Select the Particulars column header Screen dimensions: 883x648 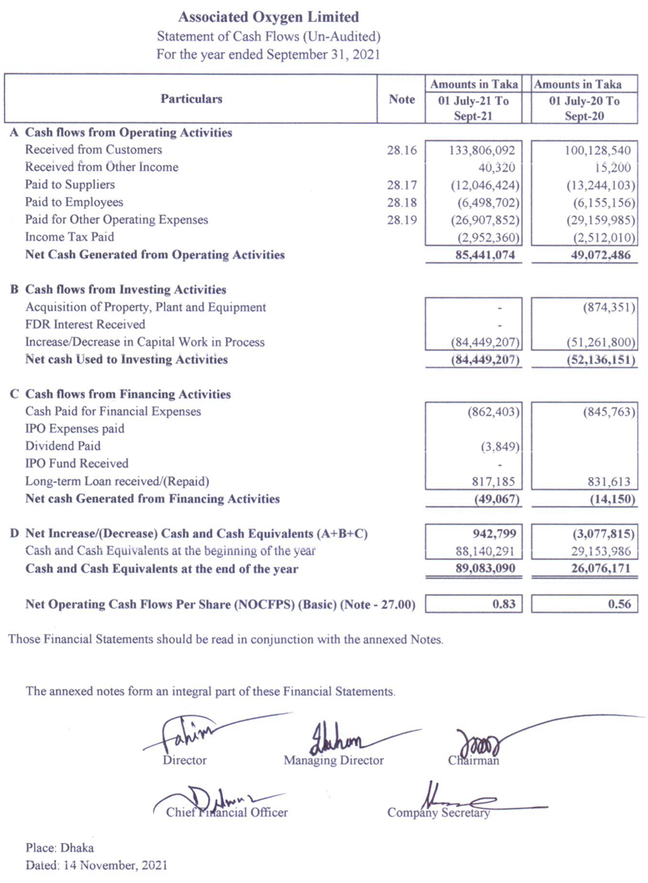point(191,99)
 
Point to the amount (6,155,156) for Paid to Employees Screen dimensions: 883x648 point(588,202)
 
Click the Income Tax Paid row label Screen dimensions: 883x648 point(70,237)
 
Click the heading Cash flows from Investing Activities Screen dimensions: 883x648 point(126,289)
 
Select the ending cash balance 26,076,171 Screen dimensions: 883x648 point(589,569)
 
